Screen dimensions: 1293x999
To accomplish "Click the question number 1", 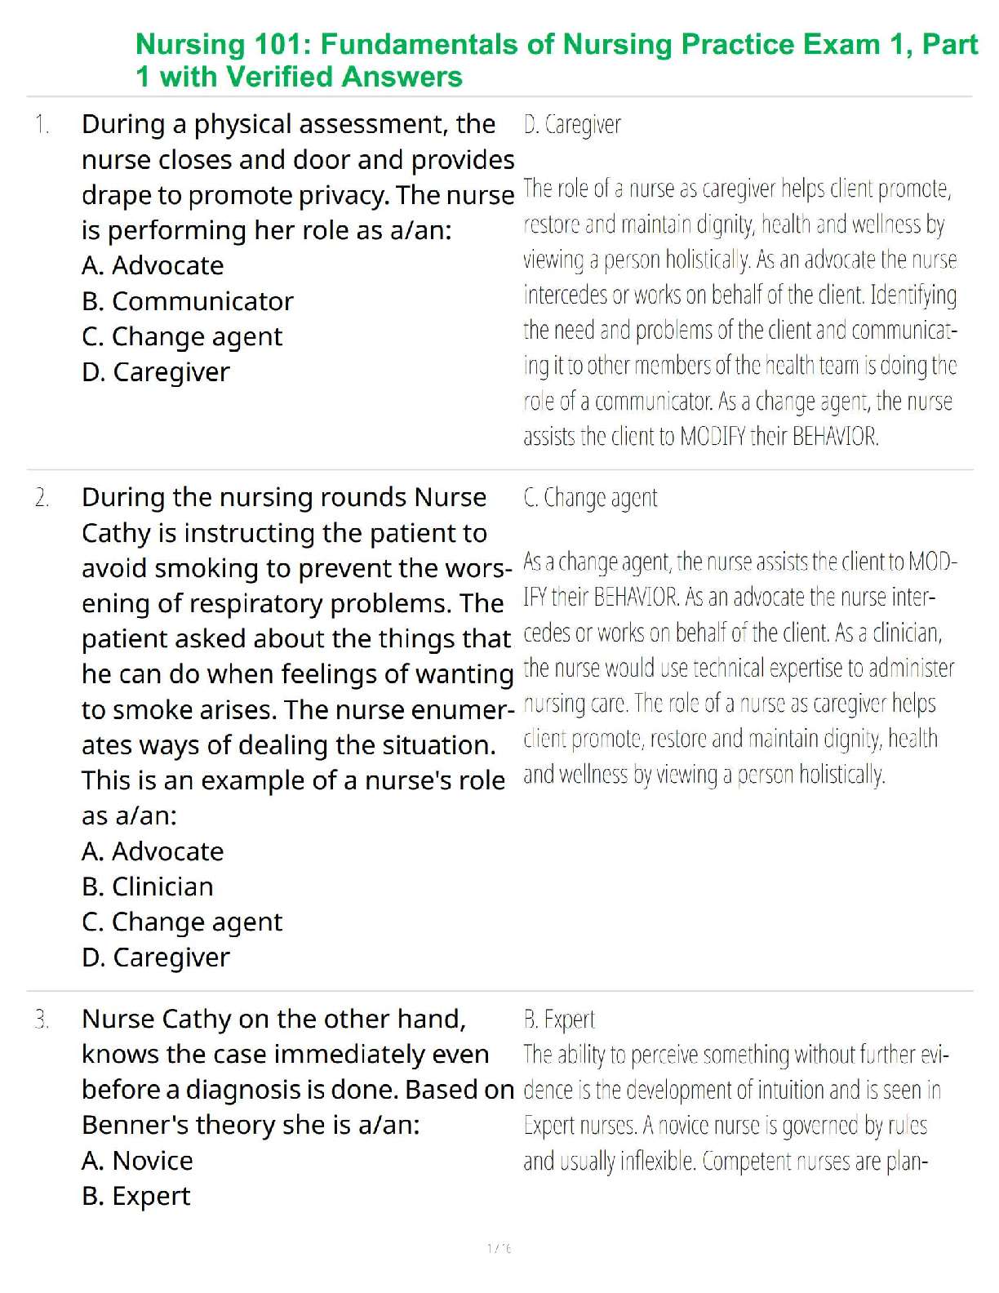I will [42, 125].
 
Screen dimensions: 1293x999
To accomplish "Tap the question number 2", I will [42, 498].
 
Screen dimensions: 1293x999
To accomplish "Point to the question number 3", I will [42, 1020].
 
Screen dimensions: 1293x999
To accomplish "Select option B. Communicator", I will [187, 301].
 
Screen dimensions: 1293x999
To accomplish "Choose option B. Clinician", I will [148, 886].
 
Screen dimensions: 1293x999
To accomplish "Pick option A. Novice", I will [137, 1161].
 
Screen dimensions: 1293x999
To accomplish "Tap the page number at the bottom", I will [499, 1248].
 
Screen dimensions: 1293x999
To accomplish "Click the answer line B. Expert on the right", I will [559, 1020].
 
